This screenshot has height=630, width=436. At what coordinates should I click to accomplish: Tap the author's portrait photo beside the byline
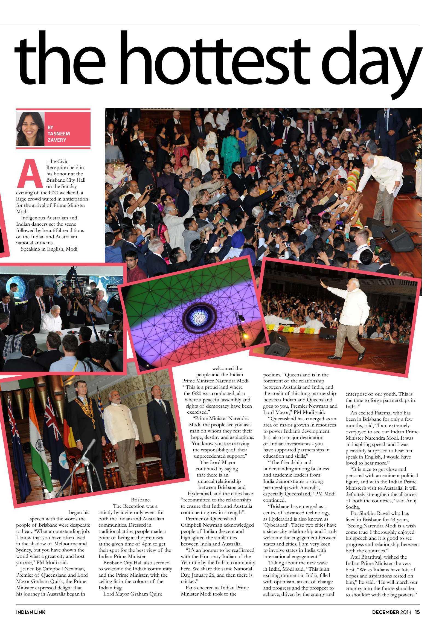[30, 129]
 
